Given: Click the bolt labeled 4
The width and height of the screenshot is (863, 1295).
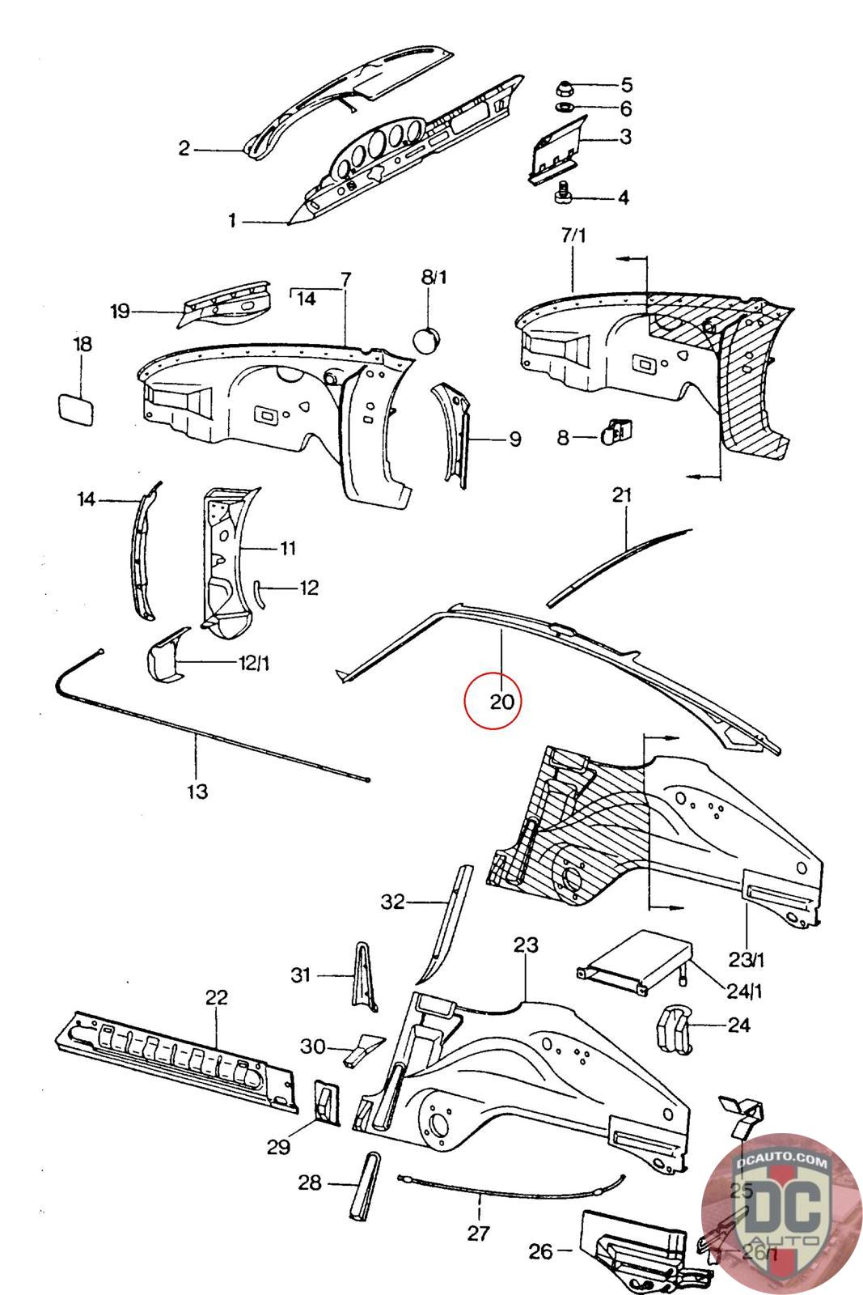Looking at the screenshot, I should [x=564, y=195].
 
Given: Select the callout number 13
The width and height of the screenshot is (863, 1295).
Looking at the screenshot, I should [x=197, y=791].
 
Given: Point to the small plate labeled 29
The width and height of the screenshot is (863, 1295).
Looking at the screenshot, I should [x=327, y=1100].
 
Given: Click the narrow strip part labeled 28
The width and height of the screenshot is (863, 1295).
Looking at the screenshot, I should [x=361, y=1183].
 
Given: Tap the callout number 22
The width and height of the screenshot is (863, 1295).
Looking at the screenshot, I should [x=216, y=996].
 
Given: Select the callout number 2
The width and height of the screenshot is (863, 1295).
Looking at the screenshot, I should [x=184, y=148].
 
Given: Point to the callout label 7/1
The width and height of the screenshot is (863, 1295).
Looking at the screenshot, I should [x=573, y=236].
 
